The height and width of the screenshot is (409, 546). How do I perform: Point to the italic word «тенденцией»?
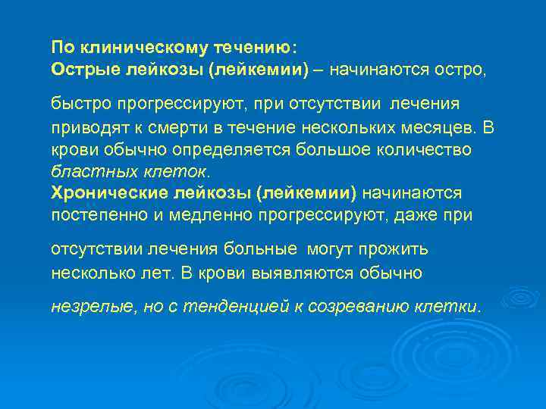227,307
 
